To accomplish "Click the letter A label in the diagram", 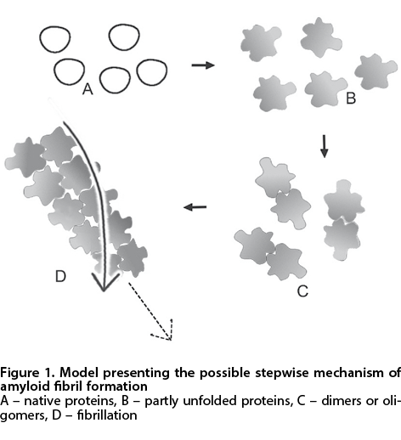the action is point(88,89).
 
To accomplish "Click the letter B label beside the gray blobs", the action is point(351,99).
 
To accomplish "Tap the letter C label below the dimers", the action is point(302,291).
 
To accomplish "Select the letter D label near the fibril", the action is point(60,276).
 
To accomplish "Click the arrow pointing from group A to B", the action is point(203,65).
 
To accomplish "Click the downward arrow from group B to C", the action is point(325,146).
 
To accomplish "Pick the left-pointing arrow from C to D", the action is point(195,207).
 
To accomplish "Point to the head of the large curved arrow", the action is point(104,282).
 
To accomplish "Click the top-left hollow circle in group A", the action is point(54,39).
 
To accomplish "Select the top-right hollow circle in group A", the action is point(124,37).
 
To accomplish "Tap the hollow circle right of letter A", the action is point(115,80).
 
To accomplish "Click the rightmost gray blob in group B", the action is point(376,71).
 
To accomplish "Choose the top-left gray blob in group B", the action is point(261,42).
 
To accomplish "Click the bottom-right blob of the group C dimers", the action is point(342,239).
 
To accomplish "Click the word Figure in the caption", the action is point(20,373).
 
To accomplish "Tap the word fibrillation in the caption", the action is point(107,415).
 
